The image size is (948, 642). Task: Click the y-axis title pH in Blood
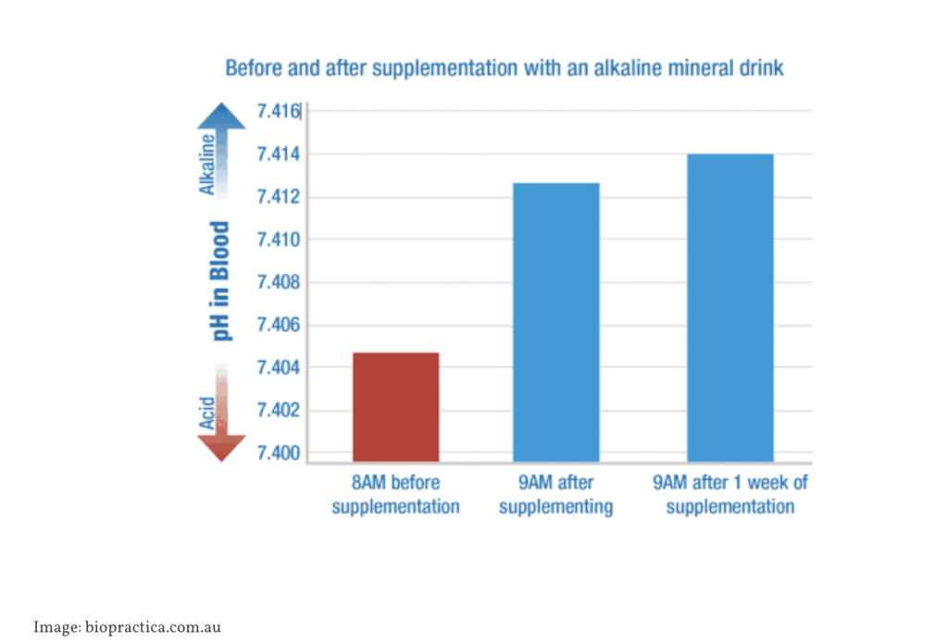(221, 281)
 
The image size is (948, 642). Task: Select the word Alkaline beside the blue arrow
(208, 165)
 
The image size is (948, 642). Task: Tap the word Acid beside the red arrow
(208, 413)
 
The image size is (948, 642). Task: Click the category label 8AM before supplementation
(395, 495)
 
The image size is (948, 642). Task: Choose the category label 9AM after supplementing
(555, 495)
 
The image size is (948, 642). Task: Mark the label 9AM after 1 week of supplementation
(730, 495)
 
